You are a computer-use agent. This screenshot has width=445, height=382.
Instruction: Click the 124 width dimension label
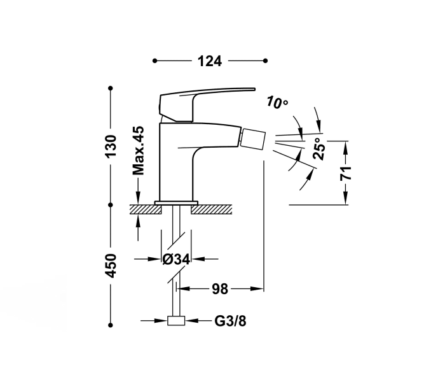tap(209, 61)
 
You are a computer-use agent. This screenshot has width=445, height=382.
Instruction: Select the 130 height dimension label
tap(111, 146)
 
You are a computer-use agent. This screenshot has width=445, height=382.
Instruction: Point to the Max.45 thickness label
tap(139, 150)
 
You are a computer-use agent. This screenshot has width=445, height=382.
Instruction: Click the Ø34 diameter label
tap(176, 259)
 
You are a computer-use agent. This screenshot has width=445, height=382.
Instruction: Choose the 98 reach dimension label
tap(220, 290)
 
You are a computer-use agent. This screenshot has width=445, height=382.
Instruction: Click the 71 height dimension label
tap(346, 173)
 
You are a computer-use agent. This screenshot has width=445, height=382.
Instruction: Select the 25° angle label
tap(321, 149)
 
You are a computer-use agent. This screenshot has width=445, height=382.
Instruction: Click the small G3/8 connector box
tap(175, 322)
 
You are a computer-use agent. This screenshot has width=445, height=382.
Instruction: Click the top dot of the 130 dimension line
tap(111, 87)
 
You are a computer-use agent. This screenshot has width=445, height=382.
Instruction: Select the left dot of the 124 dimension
tap(154, 61)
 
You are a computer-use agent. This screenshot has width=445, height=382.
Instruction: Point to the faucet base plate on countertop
tap(175, 202)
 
